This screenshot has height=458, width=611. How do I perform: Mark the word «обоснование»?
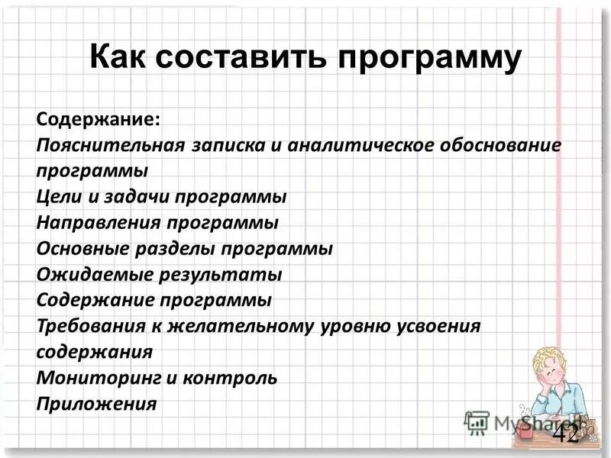[499, 145]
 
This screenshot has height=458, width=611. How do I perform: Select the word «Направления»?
[92, 223]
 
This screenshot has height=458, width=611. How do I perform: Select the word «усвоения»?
[438, 326]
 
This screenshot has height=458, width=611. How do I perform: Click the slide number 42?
[566, 434]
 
